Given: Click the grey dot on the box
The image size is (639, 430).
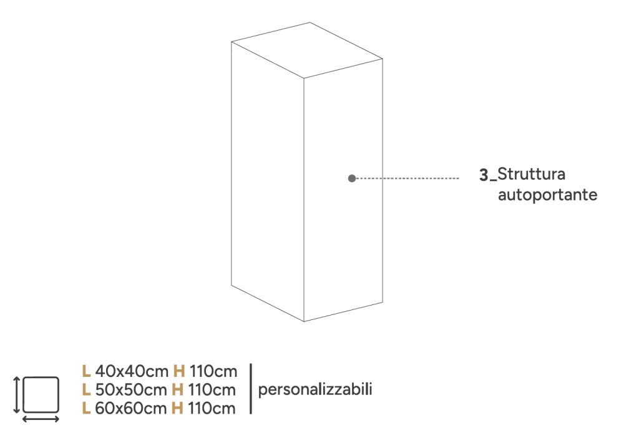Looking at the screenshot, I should click(352, 178).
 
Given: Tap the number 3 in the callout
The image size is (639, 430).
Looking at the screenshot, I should click(484, 175).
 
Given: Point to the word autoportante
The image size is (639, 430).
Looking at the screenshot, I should click(547, 195).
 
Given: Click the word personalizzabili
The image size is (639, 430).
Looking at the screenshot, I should click(315, 389).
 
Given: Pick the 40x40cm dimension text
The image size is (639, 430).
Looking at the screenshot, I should click(132, 372).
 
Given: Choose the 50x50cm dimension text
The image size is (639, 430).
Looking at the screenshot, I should click(131, 390).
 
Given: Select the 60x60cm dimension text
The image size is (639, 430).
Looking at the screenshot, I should click(131, 409).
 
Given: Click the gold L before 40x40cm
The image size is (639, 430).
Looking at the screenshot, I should click(86, 372).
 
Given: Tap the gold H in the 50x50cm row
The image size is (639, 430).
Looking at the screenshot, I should click(177, 390).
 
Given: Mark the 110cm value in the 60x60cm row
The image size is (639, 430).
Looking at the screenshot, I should click(212, 409).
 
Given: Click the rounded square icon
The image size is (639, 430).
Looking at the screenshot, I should click(41, 394).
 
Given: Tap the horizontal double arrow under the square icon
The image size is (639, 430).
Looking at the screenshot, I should click(41, 419).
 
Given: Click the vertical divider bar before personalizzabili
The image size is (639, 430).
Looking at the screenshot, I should click(251, 389).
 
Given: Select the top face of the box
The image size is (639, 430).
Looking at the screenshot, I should click(307, 51).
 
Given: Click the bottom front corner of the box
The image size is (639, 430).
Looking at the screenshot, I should click(304, 321).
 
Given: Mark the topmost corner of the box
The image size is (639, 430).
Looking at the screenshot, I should click(310, 22).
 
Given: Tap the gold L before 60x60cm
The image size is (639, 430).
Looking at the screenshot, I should click(86, 409).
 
